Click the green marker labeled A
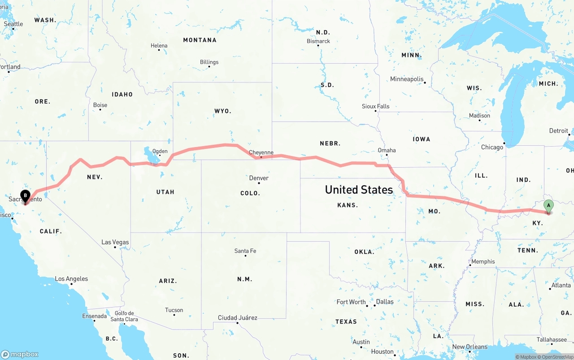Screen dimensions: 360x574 tap(548, 206)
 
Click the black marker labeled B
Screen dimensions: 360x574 tap(26, 195)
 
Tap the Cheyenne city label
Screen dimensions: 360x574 tap(261, 152)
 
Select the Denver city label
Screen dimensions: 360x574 tap(259, 178)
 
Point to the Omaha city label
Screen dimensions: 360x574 tap(387, 150)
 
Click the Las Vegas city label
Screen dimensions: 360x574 tap(115, 242)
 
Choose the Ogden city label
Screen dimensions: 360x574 tap(160, 152)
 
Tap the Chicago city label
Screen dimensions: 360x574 tap(492, 147)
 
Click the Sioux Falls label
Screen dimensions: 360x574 tap(375, 106)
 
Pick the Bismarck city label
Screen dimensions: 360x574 tap(318, 41)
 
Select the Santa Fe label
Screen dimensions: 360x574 tap(245, 251)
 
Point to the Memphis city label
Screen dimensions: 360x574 tap(483, 261)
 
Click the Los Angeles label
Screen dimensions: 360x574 tap(71, 279)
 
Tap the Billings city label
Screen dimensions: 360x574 tap(209, 62)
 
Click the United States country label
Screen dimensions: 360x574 tap(359, 190)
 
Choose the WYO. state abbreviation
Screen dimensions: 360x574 tap(223, 111)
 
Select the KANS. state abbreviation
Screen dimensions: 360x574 tap(348, 205)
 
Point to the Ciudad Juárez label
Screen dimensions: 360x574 tap(237, 318)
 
